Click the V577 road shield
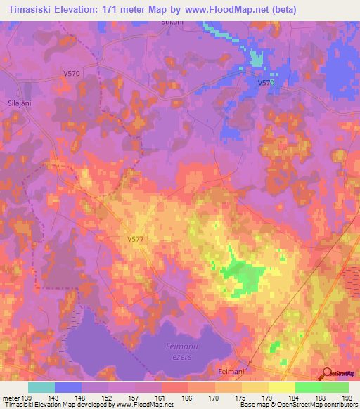point(137,239)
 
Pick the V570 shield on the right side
point(265,82)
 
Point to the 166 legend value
point(188,398)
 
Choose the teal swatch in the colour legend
point(41,387)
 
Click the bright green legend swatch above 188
point(309,387)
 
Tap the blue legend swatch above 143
point(68,387)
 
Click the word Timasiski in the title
point(35,10)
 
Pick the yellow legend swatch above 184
point(282,387)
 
